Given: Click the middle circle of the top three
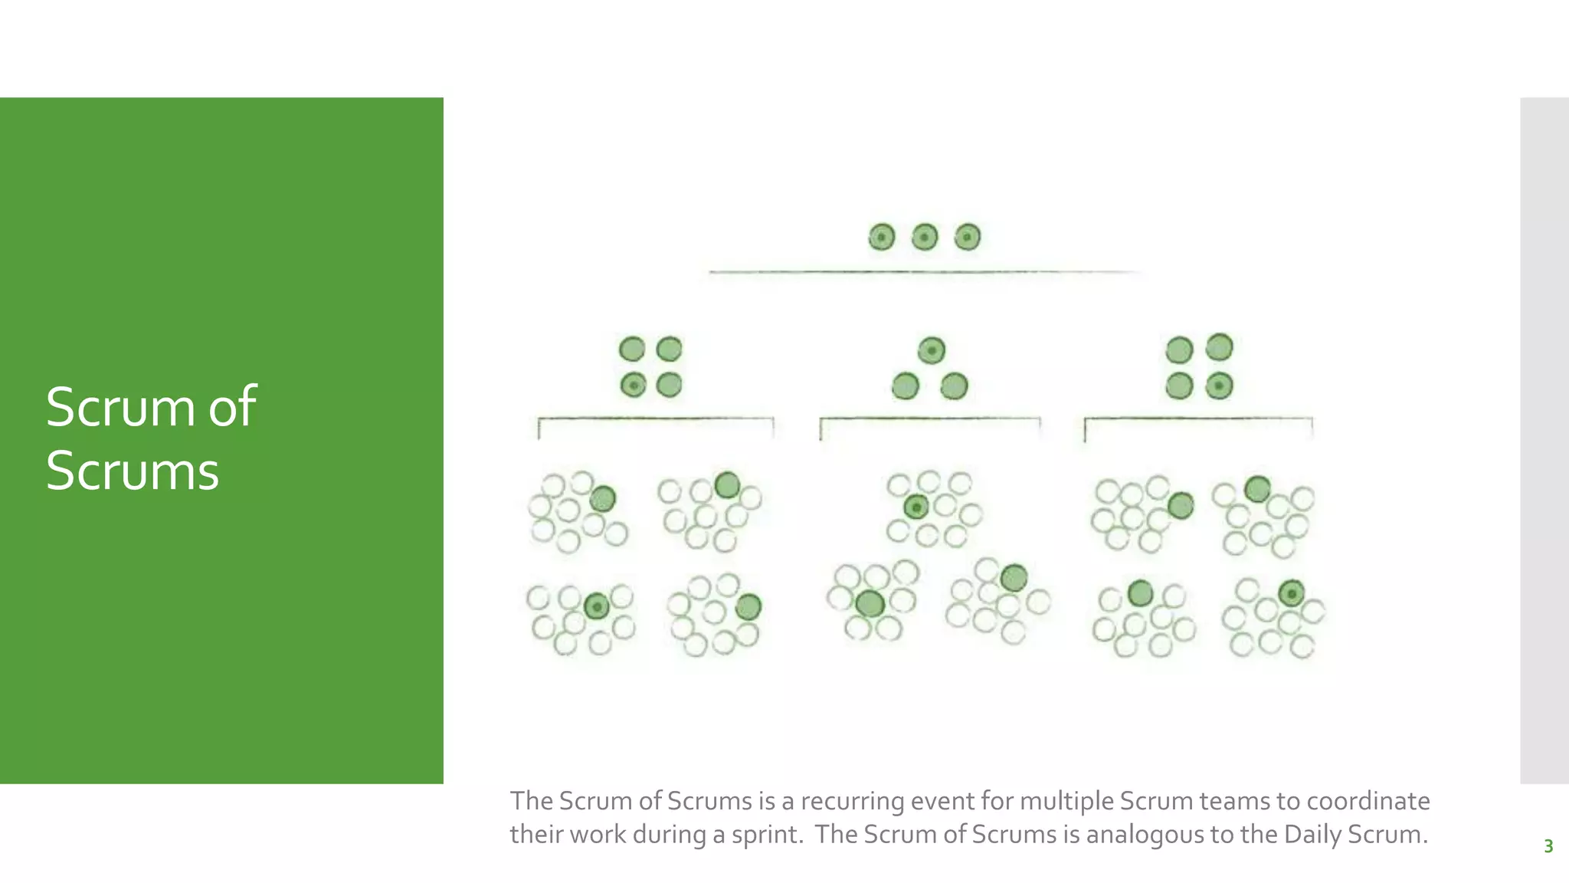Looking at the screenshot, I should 925,237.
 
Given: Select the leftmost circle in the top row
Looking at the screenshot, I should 882,237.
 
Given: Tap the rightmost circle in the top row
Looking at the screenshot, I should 968,237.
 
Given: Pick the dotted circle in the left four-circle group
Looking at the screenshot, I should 633,385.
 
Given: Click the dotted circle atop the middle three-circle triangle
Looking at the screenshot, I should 932,350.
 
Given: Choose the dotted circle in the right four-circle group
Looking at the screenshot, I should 1219,385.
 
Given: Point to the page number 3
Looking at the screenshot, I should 1548,846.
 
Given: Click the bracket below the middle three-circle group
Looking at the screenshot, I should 930,419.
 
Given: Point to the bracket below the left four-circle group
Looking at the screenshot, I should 656,419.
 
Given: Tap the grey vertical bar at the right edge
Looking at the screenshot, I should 1544,440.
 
